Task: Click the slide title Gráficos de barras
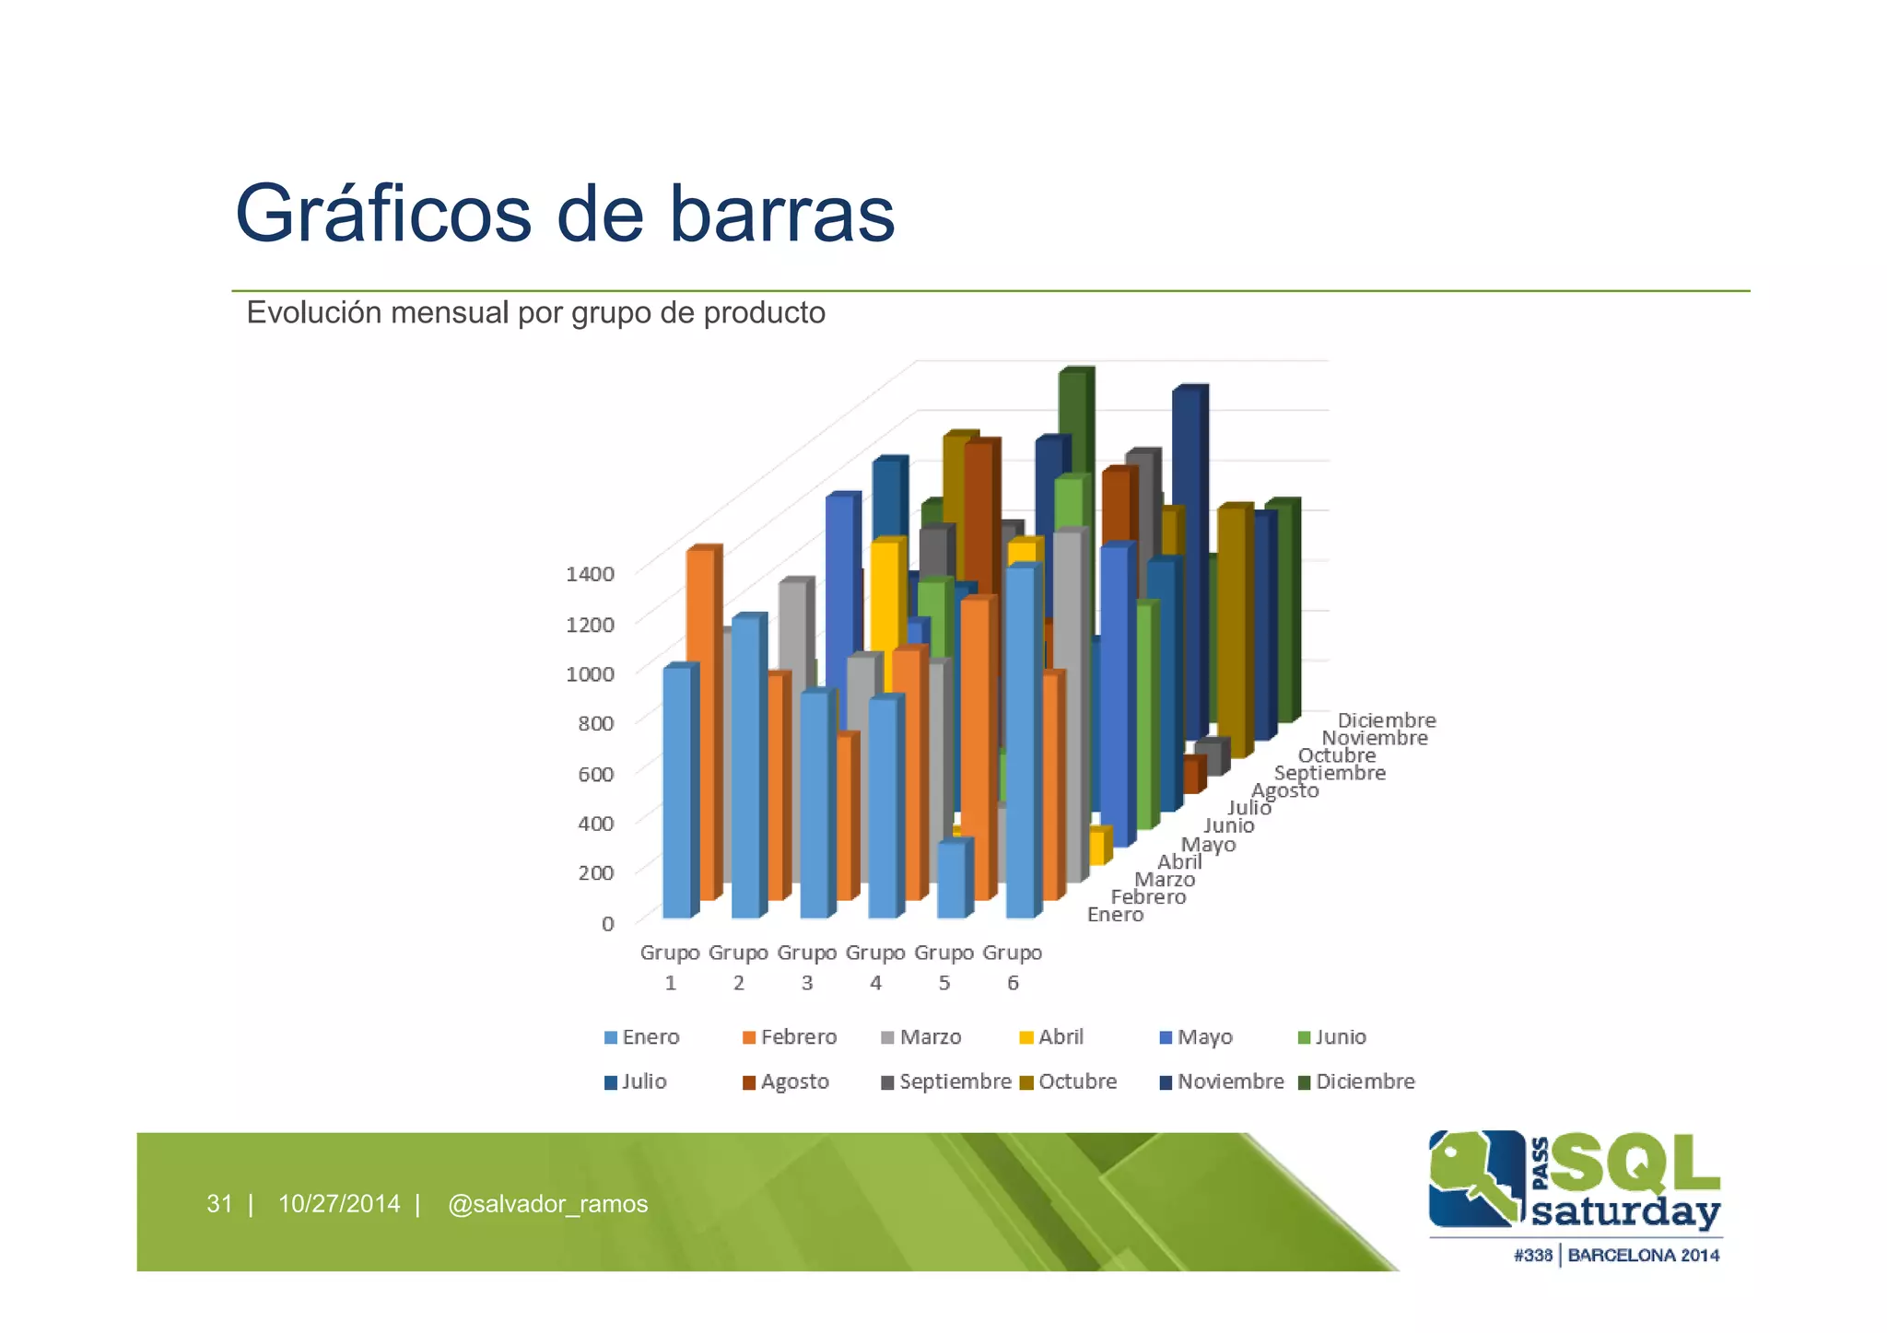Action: tap(565, 214)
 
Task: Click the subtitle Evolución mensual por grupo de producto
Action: tap(535, 313)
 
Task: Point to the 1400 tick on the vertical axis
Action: tap(590, 574)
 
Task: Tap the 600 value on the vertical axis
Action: tap(595, 774)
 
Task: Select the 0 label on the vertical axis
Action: tap(607, 923)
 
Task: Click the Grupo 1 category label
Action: tap(670, 966)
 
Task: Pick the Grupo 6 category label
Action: tap(1012, 966)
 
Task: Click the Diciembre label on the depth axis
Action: tap(1386, 720)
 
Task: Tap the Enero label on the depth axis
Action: tap(1115, 915)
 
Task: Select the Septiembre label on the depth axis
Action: tap(1329, 773)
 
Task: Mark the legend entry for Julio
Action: tap(635, 1082)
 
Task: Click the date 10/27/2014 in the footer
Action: tap(339, 1204)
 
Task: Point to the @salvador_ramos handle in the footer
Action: tap(547, 1204)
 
